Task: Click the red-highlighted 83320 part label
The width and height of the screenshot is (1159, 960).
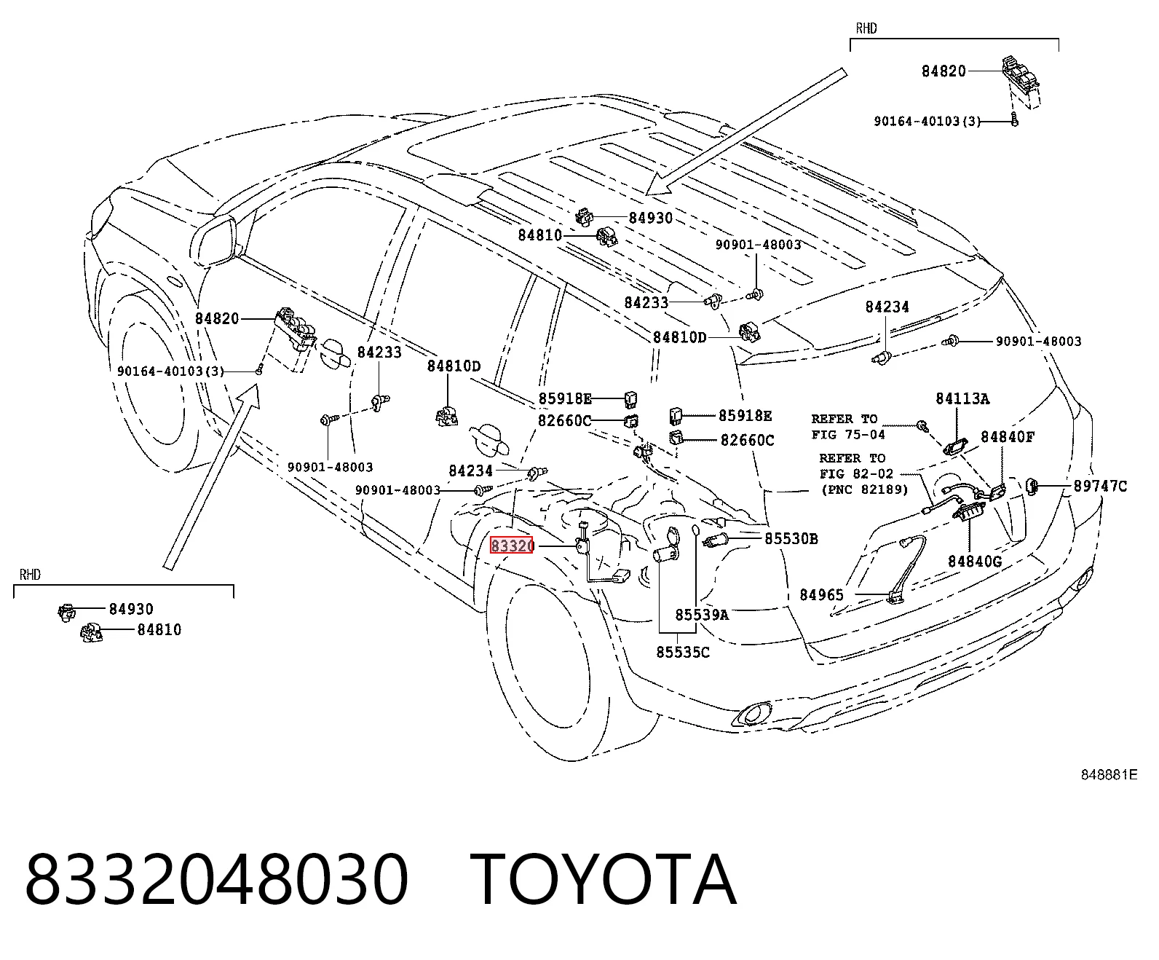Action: pos(511,546)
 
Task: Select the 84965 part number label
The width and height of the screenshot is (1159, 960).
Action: pos(821,595)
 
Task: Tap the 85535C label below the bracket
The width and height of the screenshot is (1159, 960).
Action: pos(683,652)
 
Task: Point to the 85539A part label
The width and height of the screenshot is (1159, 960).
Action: pos(702,615)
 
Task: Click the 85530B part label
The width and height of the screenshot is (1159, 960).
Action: pos(791,538)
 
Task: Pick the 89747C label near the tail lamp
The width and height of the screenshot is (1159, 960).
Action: pos(1100,486)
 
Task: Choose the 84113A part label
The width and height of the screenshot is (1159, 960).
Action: pos(962,399)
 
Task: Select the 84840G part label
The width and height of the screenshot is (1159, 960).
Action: pos(975,562)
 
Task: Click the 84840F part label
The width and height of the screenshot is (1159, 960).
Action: pos(1008,437)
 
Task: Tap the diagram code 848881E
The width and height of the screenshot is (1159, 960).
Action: pos(1109,774)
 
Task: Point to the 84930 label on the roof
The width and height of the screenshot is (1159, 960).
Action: pos(651,218)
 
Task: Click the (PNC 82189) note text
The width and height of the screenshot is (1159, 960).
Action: pos(865,489)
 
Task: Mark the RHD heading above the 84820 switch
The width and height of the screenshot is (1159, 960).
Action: pos(866,28)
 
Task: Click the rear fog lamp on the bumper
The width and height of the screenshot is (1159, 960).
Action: pos(751,714)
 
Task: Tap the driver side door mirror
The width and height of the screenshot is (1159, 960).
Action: pos(214,243)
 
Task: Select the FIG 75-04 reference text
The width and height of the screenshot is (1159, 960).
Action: pos(848,434)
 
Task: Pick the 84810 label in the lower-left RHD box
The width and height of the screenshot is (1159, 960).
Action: pos(159,630)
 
